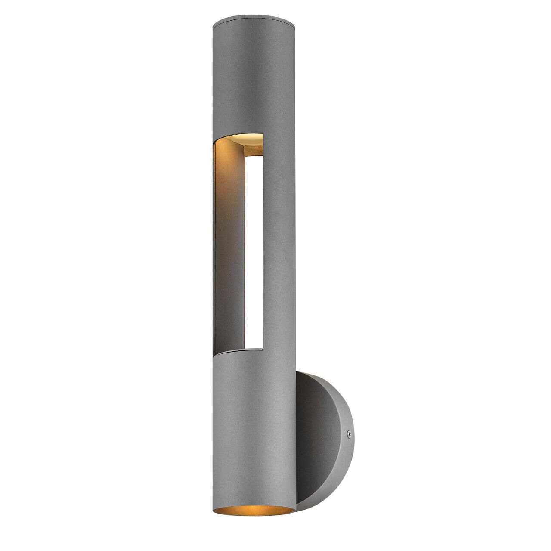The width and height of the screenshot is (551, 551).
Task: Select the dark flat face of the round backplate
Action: click(x=310, y=430)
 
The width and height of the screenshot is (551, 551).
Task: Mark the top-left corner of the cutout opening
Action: click(x=215, y=142)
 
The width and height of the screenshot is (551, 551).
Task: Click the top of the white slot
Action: click(x=253, y=158)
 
